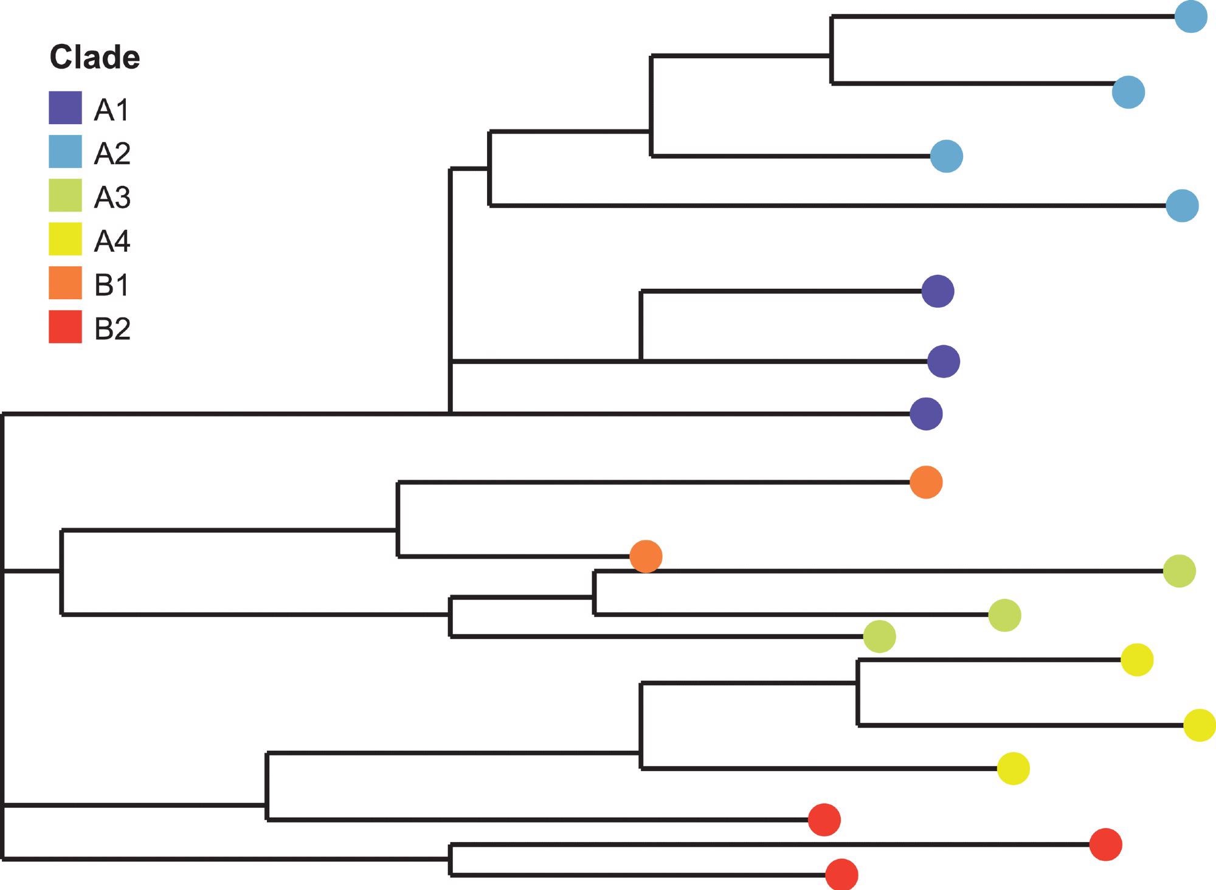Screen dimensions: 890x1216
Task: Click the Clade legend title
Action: (x=94, y=58)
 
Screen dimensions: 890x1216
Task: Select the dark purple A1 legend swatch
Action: (x=65, y=108)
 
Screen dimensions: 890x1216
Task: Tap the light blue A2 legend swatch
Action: (x=65, y=151)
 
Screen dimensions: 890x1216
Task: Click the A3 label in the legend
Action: (x=112, y=198)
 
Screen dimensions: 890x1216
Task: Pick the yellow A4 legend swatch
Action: (x=65, y=239)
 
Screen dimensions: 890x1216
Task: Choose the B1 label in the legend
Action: (x=112, y=285)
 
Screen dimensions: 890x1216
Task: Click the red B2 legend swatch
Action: (x=65, y=327)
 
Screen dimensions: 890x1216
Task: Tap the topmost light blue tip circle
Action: (x=1190, y=16)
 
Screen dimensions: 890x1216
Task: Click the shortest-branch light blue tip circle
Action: (x=947, y=156)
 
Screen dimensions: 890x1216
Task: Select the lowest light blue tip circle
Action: (x=1182, y=205)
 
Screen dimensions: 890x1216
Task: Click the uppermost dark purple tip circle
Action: (x=938, y=291)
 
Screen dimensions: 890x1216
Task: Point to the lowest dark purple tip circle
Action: (x=926, y=414)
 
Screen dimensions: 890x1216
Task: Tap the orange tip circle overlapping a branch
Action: (x=646, y=556)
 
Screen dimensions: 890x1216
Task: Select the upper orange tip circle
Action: (x=926, y=482)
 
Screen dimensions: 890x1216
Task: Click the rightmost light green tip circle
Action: (x=1179, y=571)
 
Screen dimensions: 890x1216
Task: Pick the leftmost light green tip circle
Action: (x=879, y=636)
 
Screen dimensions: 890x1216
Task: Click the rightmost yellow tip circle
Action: (x=1199, y=725)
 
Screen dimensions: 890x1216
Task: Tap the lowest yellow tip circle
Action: (x=1013, y=768)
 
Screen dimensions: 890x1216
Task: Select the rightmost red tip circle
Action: (x=1105, y=844)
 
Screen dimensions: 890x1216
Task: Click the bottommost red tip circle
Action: (x=841, y=875)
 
